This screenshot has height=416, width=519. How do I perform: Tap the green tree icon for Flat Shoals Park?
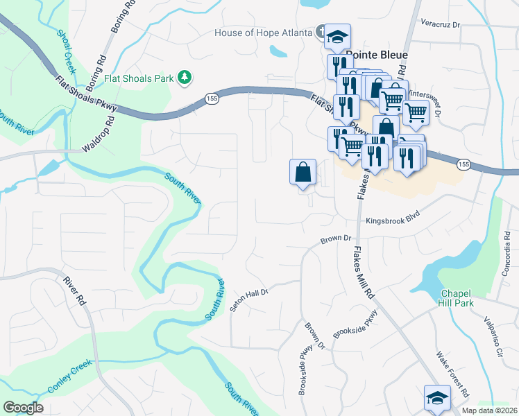tap(185, 78)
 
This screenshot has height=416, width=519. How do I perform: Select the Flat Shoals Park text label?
tap(139, 78)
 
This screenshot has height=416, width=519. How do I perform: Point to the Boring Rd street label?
tap(121, 17)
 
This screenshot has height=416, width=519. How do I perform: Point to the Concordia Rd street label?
tap(508, 246)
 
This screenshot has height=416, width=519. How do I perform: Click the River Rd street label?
tap(74, 291)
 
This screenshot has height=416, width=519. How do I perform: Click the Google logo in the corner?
tap(23, 408)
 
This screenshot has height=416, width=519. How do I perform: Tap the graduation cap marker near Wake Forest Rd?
tap(436, 398)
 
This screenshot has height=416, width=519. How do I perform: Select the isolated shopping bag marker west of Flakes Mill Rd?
tap(303, 171)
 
